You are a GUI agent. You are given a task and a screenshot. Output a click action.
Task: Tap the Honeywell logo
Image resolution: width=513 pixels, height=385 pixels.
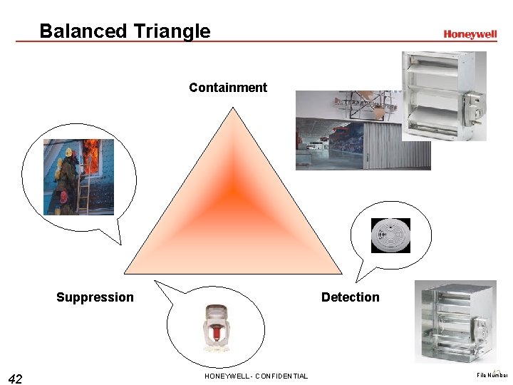(x=470, y=34)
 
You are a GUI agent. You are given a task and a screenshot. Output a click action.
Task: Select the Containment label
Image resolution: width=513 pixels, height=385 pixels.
(x=228, y=88)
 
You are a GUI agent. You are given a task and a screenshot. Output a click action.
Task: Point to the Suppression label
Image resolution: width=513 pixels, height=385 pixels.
(x=95, y=297)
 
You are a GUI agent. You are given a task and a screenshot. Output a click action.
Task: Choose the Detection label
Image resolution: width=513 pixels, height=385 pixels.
(x=350, y=297)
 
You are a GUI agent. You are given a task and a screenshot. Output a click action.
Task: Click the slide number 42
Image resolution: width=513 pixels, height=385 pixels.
(x=15, y=378)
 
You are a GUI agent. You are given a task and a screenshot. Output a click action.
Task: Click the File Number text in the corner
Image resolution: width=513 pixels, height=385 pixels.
(x=491, y=375)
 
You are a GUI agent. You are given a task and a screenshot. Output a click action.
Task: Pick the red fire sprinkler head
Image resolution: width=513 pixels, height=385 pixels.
(x=215, y=328)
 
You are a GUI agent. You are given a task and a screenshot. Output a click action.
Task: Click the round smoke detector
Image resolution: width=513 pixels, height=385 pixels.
(x=391, y=235)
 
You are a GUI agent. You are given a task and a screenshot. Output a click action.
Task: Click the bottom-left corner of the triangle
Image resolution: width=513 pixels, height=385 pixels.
(x=125, y=272)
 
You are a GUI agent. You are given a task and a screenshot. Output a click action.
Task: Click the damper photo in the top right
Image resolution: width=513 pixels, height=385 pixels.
(x=443, y=96)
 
